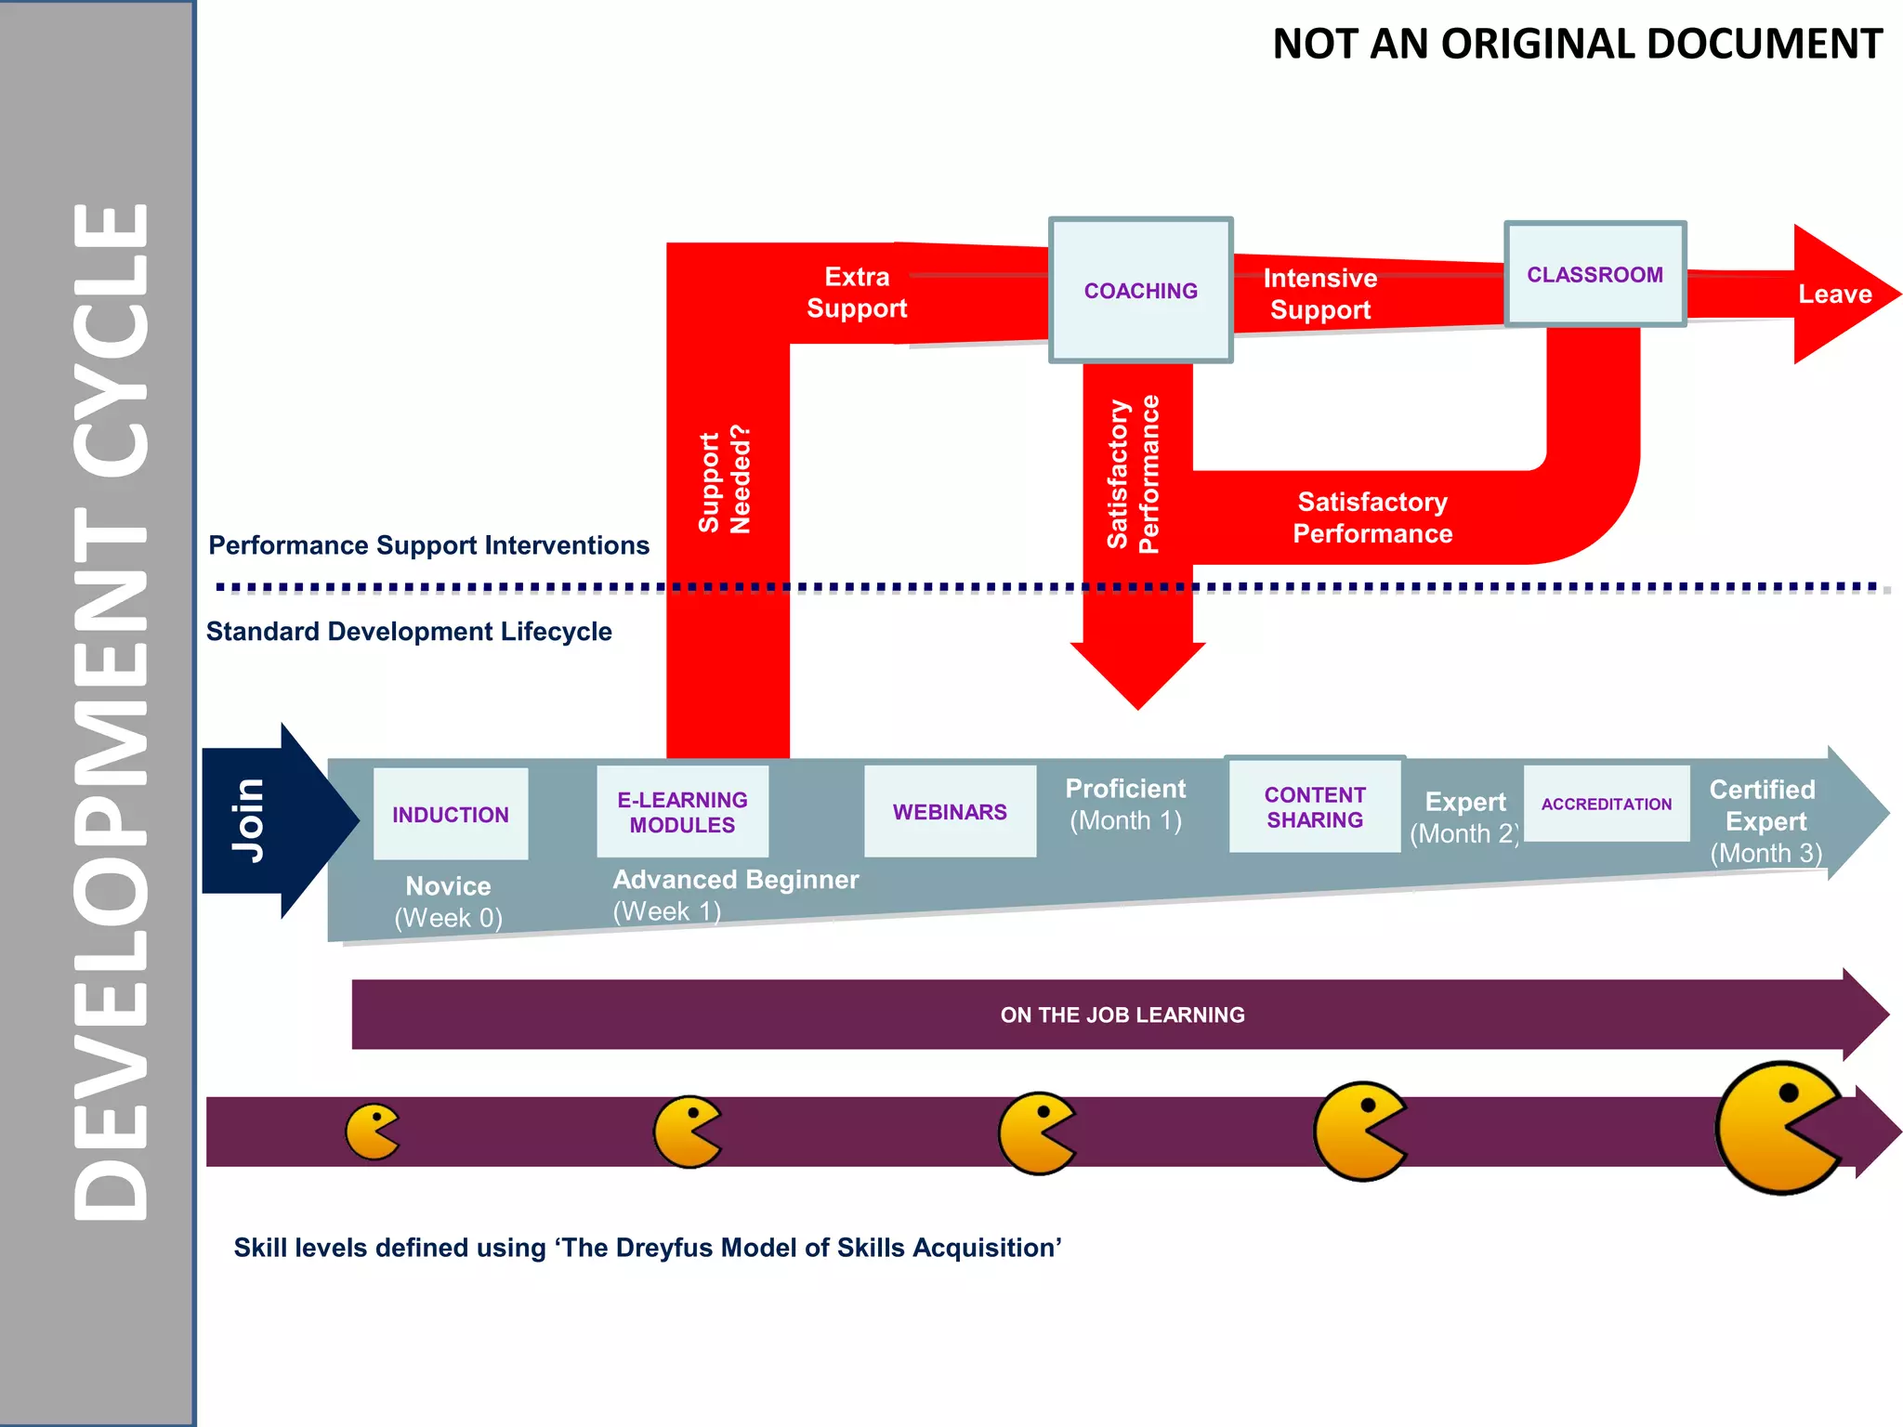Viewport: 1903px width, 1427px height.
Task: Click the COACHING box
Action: tap(1140, 291)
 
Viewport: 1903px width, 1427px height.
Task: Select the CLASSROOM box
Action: tap(1595, 275)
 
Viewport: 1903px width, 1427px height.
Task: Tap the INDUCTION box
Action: tap(451, 814)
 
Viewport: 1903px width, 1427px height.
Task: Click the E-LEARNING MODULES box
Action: tap(682, 812)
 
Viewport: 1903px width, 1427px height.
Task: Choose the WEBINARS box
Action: tap(950, 811)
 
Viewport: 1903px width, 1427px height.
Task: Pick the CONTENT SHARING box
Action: tap(1314, 806)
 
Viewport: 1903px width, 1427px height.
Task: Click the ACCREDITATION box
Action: tap(1606, 804)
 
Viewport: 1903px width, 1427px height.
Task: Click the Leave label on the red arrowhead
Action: tap(1834, 295)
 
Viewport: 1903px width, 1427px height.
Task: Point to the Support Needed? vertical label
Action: tap(725, 480)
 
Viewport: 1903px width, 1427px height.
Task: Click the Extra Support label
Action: tap(857, 293)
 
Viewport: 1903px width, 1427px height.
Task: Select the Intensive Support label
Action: tap(1320, 294)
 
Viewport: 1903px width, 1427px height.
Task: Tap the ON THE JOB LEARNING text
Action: tap(1122, 1015)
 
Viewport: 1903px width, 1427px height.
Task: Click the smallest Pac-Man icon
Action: tap(371, 1132)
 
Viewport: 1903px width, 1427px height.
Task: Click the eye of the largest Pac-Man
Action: tap(1788, 1094)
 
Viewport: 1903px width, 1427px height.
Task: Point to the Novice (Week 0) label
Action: tap(448, 901)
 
